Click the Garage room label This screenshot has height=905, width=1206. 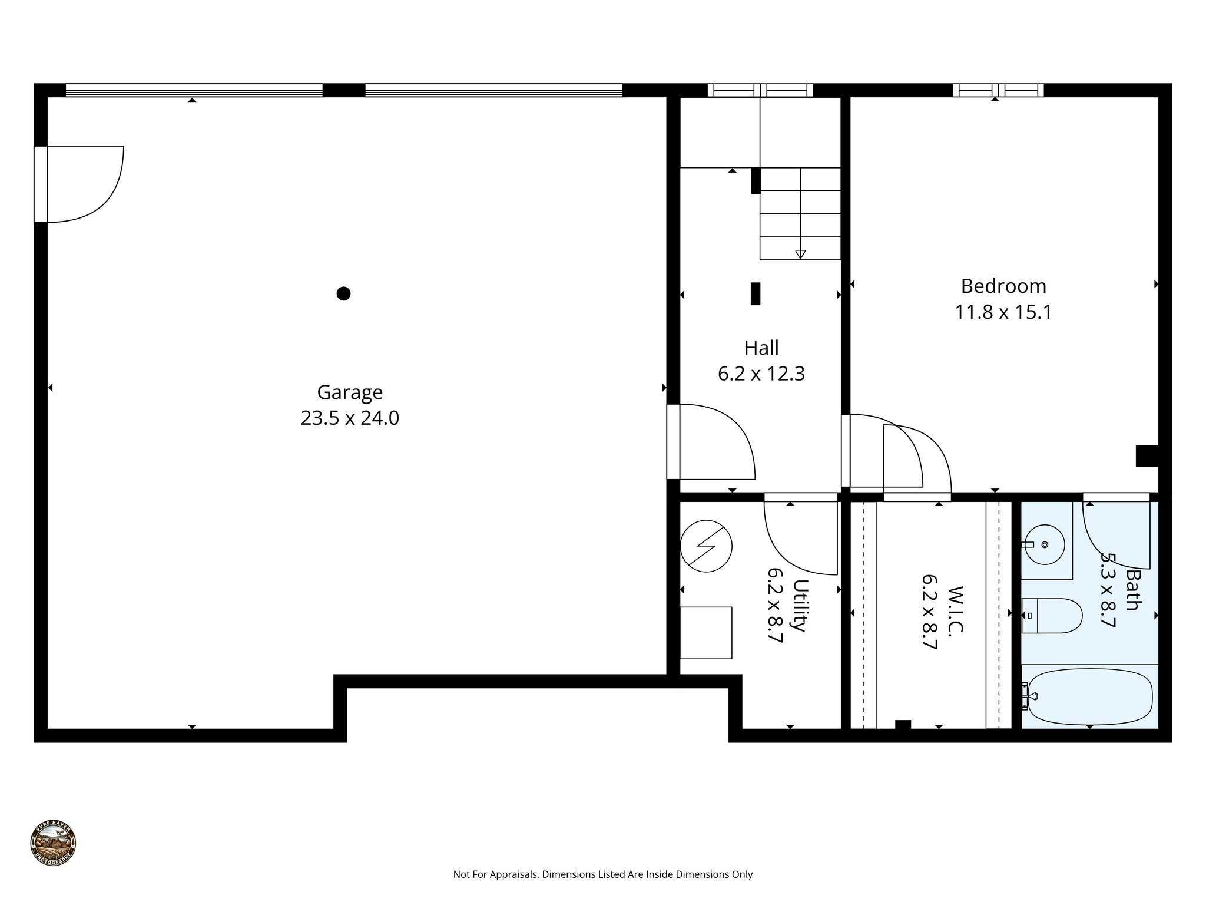click(x=350, y=392)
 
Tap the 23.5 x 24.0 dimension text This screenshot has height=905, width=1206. click(x=350, y=418)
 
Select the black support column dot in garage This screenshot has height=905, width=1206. click(x=343, y=293)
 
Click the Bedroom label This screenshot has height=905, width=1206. click(x=1003, y=286)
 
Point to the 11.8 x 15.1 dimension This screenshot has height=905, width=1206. click(x=1003, y=312)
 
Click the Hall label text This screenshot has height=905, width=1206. click(x=761, y=348)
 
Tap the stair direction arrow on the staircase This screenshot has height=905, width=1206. click(x=800, y=255)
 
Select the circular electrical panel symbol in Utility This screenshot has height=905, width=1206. click(x=706, y=546)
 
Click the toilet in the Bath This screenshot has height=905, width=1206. click(x=1051, y=616)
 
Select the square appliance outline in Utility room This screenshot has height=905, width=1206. click(x=705, y=633)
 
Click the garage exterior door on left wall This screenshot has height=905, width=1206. click(x=41, y=184)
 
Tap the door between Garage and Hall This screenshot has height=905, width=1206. click(x=674, y=442)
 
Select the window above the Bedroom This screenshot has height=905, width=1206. click(x=998, y=90)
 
